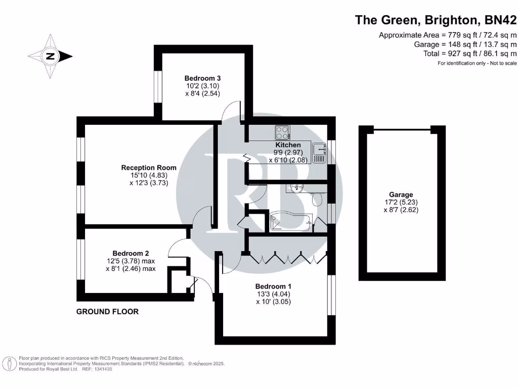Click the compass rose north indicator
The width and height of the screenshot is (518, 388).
(50, 57)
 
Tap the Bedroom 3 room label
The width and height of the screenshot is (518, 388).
(202, 78)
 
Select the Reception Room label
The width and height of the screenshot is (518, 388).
(149, 168)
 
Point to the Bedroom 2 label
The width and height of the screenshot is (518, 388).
(131, 253)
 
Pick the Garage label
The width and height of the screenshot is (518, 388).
(401, 195)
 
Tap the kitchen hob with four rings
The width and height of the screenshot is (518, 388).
(282, 133)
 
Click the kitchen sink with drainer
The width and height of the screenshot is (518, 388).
(319, 153)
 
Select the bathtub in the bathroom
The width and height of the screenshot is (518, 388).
(291, 222)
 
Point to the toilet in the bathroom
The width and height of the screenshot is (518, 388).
(318, 199)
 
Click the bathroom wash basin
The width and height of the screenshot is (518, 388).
(296, 188)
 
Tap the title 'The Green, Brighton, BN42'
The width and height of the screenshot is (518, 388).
(436, 20)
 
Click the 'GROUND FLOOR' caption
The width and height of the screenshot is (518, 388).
(107, 312)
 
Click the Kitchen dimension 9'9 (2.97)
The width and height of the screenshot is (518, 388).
(287, 153)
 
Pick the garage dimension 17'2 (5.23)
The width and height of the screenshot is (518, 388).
(401, 202)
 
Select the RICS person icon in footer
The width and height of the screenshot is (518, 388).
(9, 363)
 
